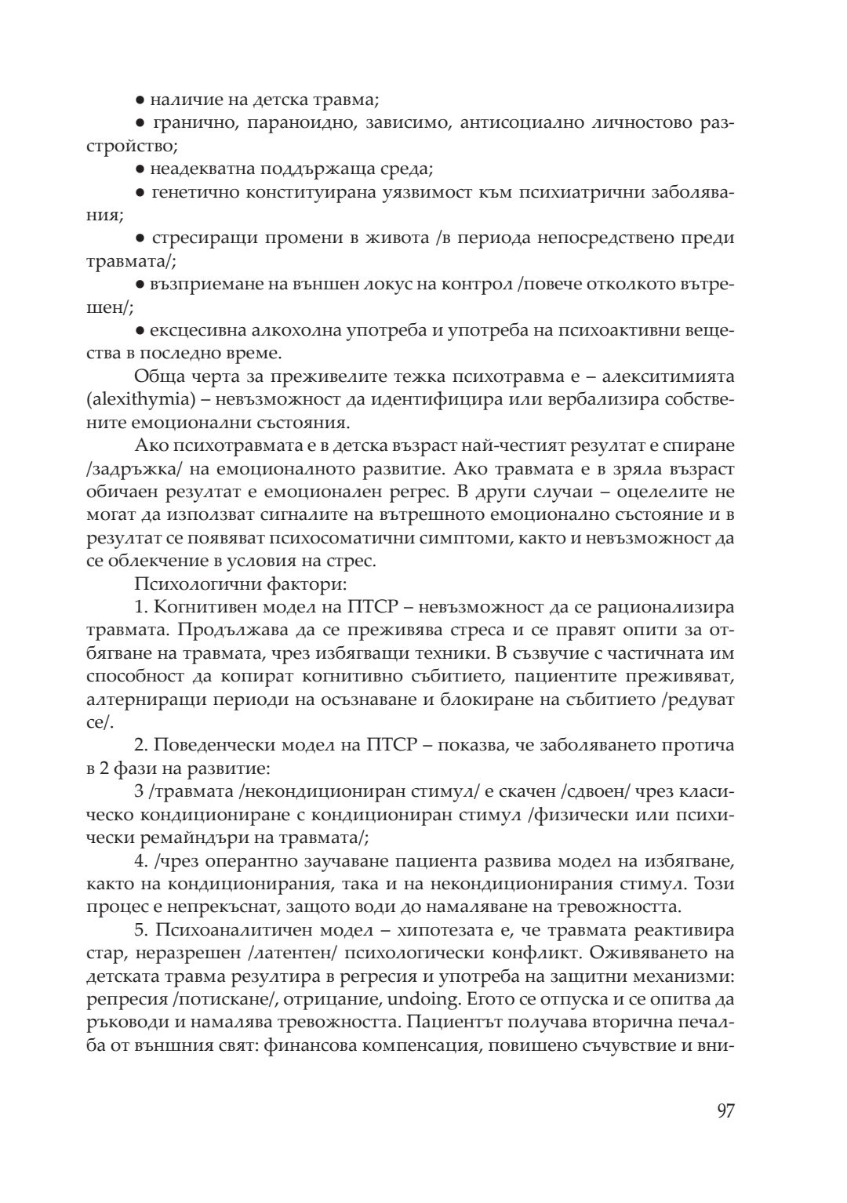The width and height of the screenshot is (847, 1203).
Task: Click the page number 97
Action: [x=725, y=1111]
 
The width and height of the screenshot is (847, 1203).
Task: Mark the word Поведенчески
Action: [x=211, y=745]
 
